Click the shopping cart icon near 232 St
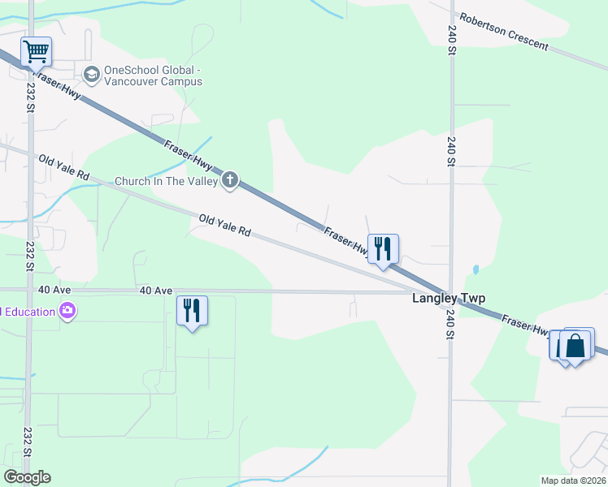36,52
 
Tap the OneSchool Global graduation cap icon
91,75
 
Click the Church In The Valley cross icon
230,179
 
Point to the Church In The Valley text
166,181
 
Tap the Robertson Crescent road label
504,31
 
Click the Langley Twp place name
449,298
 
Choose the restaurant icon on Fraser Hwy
381,248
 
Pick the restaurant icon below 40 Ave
192,311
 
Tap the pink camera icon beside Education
67,311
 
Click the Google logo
27,477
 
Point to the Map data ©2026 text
573,481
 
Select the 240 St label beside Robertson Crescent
452,39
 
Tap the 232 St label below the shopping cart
31,96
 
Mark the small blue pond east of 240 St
476,269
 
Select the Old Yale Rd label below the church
224,226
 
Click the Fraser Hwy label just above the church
188,155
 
